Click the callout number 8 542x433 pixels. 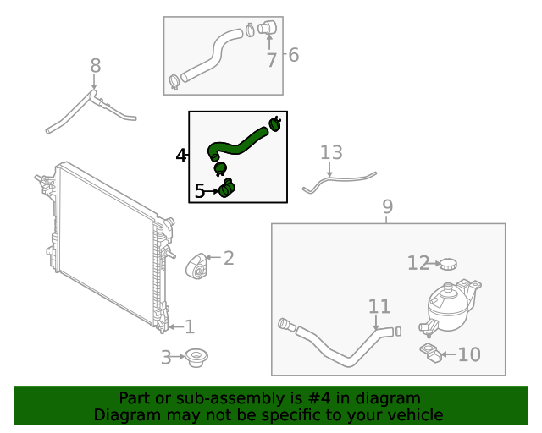pos(95,65)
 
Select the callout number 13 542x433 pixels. pos(331,153)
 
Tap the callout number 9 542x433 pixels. pos(387,206)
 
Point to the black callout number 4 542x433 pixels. pos(180,156)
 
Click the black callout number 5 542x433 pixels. pos(200,192)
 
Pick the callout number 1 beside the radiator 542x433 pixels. pos(190,326)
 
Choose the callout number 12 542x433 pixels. pos(418,264)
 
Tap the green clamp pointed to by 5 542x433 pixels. pos(227,189)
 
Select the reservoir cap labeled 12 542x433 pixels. pos(447,264)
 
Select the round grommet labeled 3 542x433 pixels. pos(197,358)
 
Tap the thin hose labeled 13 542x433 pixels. pos(339,180)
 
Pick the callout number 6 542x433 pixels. pos(293,56)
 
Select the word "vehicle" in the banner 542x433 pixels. pos(414,414)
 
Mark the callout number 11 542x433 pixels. pos(379,306)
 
